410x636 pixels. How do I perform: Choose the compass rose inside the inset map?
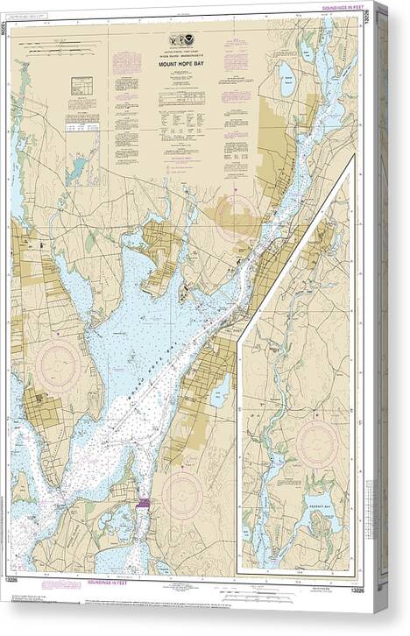(x=316, y=444)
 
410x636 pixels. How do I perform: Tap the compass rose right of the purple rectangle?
(x=181, y=494)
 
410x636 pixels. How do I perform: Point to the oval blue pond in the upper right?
(x=286, y=82)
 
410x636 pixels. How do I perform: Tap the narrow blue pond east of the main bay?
(x=220, y=390)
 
